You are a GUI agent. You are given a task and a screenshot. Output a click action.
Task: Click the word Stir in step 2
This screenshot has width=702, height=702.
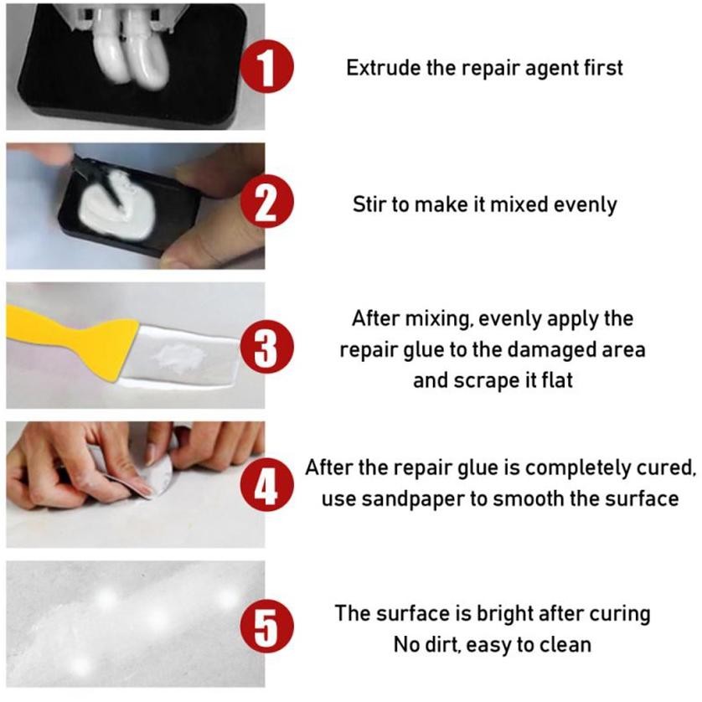point(369,205)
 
